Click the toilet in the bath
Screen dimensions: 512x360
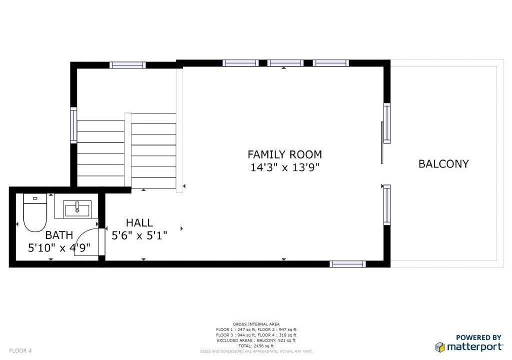(x=35, y=212)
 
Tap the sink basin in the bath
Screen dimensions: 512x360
(x=77, y=208)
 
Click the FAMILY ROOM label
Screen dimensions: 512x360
(x=284, y=154)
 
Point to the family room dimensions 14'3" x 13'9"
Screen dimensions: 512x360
(x=284, y=167)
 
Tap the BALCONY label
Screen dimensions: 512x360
(x=443, y=163)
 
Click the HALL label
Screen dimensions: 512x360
(x=139, y=223)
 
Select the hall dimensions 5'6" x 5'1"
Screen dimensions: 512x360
(x=139, y=235)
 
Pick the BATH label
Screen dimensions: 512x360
(x=59, y=235)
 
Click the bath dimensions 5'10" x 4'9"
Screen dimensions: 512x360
(x=59, y=248)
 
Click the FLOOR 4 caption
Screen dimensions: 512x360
(x=20, y=351)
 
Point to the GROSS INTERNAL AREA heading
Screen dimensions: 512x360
(x=256, y=324)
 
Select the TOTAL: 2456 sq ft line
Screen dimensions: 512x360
(x=256, y=346)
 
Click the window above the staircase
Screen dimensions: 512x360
(x=127, y=65)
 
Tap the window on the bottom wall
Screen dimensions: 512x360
(x=348, y=264)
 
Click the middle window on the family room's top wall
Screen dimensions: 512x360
(x=285, y=63)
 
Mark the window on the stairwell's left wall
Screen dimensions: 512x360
(x=74, y=125)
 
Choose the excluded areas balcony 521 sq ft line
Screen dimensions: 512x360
(x=256, y=340)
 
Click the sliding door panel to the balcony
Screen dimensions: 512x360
(x=382, y=143)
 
